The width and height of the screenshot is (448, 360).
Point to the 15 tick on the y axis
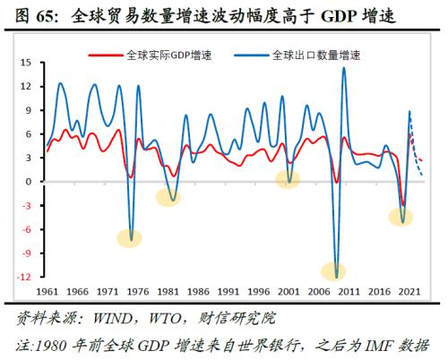click(x=25, y=64)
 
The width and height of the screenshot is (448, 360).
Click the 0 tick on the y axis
click(x=29, y=182)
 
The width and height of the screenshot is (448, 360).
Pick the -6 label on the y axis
click(x=26, y=229)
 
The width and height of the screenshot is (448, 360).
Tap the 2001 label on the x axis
click(x=288, y=292)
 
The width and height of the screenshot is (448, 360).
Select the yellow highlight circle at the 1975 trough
click(x=131, y=238)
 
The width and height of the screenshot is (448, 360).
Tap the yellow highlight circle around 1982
click(x=168, y=197)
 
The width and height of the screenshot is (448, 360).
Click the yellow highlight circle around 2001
click(x=288, y=178)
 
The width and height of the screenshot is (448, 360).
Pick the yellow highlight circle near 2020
click(x=401, y=216)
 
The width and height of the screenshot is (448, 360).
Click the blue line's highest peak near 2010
click(x=344, y=68)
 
